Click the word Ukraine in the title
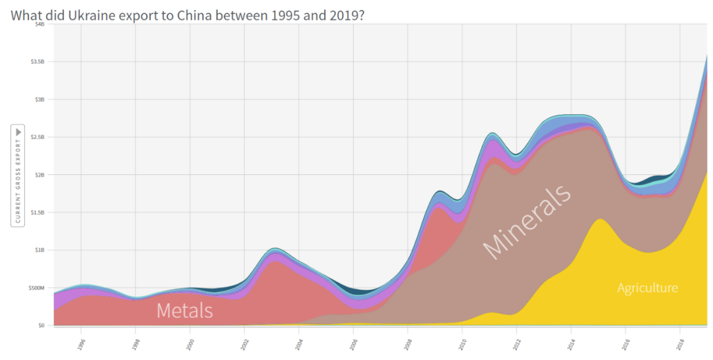pos(90,14)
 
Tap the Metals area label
pos(185,310)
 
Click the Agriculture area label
pos(647,288)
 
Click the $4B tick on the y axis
pos(40,24)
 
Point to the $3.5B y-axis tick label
pos(38,61)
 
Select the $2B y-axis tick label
pos(40,175)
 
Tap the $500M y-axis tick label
pos(36,288)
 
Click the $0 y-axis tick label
pos(42,326)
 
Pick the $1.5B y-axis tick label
pos(38,213)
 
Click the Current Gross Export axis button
pos(18,175)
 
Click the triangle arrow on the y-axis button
pos(18,132)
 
